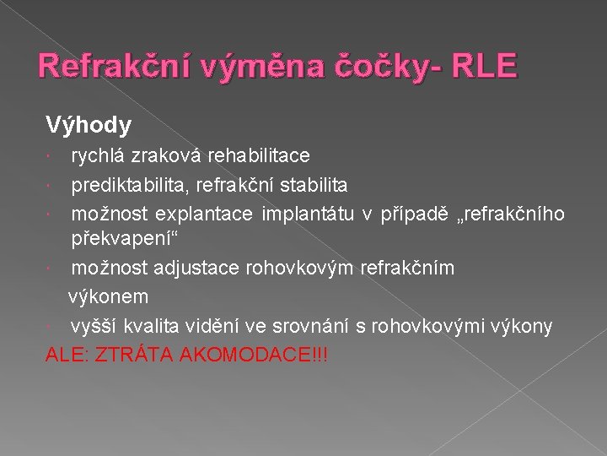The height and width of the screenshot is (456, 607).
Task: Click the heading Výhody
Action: pos(89,126)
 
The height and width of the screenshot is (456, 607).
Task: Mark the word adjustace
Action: pos(201,269)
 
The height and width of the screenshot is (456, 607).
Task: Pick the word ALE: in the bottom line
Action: pos(66,354)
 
